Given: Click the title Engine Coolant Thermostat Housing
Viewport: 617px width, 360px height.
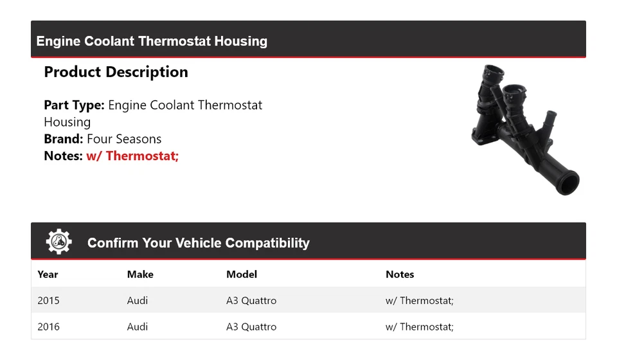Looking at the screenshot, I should click(x=152, y=41).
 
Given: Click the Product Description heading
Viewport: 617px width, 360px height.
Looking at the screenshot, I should click(x=116, y=72).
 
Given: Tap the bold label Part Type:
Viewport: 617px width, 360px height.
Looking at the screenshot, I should click(x=74, y=105).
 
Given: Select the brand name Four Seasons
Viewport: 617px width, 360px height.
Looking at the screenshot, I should click(x=124, y=139).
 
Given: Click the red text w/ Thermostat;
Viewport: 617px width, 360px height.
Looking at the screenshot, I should click(x=132, y=156).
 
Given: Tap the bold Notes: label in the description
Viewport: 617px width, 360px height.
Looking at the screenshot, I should click(x=64, y=156).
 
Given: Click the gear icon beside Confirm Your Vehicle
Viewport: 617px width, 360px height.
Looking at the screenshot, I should click(x=59, y=242).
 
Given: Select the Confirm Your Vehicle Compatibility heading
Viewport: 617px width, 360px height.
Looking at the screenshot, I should click(x=198, y=243).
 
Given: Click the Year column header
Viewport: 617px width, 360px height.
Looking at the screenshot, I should click(x=48, y=274).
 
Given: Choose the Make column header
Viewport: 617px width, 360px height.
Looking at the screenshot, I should click(x=140, y=274).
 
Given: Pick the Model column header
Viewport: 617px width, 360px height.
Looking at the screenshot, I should click(x=242, y=274).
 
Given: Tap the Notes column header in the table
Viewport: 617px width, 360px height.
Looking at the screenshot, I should click(x=400, y=274).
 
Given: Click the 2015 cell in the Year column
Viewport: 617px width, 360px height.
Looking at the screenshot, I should click(x=48, y=300).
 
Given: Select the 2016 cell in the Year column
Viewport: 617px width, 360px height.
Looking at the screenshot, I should click(x=48, y=327).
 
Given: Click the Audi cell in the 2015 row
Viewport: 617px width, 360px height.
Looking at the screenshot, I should click(x=138, y=300).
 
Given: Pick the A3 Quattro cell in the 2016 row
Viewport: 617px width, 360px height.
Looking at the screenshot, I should click(x=251, y=327).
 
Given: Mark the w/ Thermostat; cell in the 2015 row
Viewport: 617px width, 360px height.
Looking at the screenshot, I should click(x=420, y=300).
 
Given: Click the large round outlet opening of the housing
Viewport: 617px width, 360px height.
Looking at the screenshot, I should click(x=568, y=183).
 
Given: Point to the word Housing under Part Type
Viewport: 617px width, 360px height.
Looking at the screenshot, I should click(x=67, y=122).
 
